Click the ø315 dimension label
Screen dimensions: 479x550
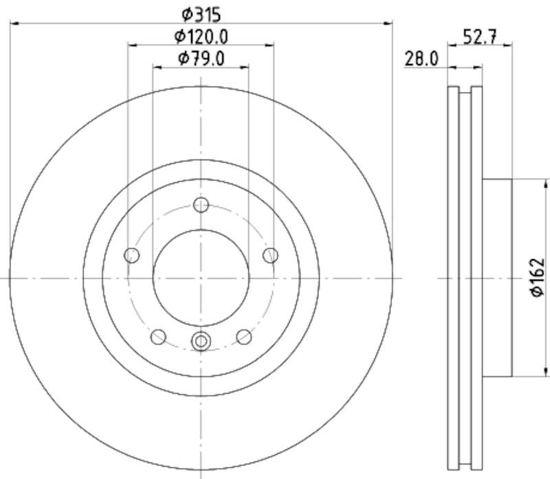tap(201, 12)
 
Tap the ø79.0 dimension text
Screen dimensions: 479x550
tap(201, 58)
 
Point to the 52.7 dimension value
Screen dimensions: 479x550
tap(479, 38)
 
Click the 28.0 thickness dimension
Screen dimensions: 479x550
tap(421, 58)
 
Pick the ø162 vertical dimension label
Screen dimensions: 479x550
tap(537, 278)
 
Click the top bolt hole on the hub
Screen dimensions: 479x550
tap(201, 205)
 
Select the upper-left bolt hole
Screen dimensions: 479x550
tap(131, 256)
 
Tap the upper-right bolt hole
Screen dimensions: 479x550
tap(270, 256)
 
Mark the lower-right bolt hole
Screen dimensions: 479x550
tap(244, 336)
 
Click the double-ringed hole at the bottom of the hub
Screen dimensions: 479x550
tap(201, 339)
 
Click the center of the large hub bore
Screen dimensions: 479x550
tap(201, 278)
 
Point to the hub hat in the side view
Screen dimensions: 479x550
tap(497, 278)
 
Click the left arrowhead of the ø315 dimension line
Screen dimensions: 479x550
tap(14, 24)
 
